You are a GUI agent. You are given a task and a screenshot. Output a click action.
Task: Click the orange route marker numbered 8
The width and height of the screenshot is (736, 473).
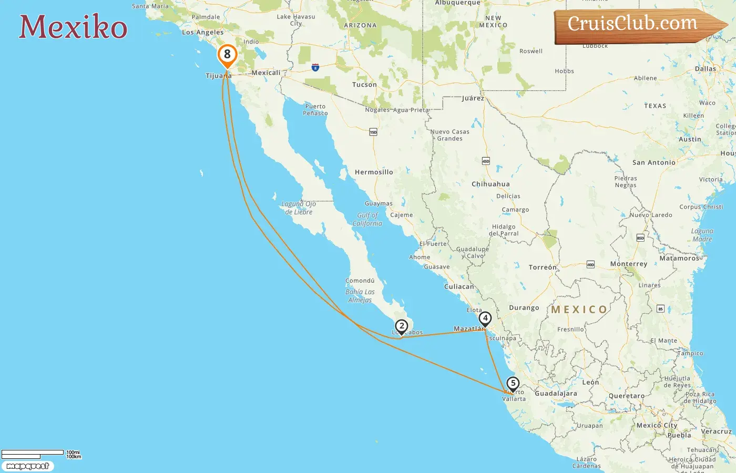pos(227,55)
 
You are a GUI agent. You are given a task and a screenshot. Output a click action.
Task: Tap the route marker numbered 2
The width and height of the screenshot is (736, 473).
pos(401,326)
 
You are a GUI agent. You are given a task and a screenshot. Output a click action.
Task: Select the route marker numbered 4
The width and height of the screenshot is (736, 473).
pos(485,318)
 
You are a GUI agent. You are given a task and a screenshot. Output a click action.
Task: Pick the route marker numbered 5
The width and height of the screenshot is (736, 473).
pos(513,384)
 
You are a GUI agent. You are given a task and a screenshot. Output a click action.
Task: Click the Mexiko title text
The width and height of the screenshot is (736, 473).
pos(73,27)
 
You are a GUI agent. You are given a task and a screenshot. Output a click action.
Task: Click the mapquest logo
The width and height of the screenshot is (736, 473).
pos(28,466)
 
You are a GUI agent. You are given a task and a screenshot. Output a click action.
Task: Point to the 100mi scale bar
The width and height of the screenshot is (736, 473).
pos(33,453)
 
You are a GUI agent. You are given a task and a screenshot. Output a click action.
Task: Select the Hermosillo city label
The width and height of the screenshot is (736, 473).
pos(374,172)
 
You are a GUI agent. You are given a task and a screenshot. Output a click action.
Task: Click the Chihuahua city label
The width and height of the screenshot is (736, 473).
pos(490,184)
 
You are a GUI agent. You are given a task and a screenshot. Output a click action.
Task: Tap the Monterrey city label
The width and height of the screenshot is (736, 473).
pos(628,264)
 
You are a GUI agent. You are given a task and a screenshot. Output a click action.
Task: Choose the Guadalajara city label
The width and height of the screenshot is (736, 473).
pos(556,394)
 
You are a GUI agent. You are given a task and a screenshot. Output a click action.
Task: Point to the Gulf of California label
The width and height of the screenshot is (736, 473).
pos(367,219)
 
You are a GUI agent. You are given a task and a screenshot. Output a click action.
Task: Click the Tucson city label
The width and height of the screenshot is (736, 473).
pos(364,85)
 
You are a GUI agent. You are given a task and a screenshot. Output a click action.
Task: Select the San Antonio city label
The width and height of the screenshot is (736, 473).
pos(653,163)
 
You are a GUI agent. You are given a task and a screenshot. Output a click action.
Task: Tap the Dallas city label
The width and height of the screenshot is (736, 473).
pos(705,69)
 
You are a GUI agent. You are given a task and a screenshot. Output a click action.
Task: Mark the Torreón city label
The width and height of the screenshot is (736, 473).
pos(542,268)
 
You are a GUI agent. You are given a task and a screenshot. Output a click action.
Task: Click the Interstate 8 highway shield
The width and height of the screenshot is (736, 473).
pos(315,67)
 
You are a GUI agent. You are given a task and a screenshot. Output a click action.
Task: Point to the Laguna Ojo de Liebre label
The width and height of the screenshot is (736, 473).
pos(299,208)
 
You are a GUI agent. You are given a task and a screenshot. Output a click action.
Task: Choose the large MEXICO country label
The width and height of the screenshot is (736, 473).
pos(579,310)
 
